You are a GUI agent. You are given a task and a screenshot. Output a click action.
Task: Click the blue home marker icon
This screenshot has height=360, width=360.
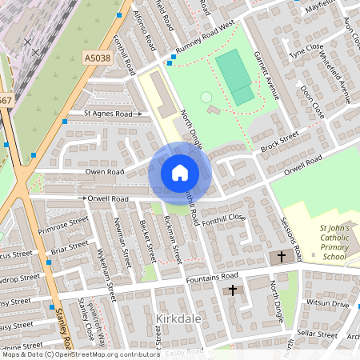click(179, 172)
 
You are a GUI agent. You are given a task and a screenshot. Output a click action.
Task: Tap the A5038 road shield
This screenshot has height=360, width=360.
click(96, 58)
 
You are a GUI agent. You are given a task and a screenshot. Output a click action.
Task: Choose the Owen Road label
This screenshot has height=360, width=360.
click(105, 171)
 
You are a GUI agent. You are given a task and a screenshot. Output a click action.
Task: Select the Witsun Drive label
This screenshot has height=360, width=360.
click(329, 305)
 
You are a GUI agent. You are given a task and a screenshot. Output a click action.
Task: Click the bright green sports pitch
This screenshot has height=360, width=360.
click(234, 76)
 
